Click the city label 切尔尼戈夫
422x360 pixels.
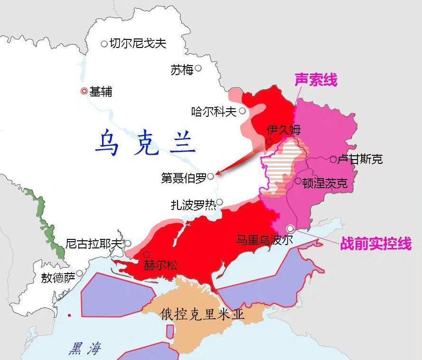[x=138, y=44]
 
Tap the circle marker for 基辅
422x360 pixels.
[x=84, y=91]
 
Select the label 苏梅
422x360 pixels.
[x=182, y=70]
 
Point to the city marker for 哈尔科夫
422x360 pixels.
[x=243, y=111]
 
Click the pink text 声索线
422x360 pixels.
[x=316, y=79]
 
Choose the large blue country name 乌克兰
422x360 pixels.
[x=145, y=143]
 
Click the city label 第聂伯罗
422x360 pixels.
[x=184, y=178]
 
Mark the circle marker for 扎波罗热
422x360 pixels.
[x=219, y=202]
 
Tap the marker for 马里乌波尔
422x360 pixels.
[x=291, y=228]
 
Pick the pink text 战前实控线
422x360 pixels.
[x=375, y=244]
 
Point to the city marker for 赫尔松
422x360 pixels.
[x=147, y=255]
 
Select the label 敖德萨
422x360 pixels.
[x=58, y=278]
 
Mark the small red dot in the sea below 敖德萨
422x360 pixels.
[x=70, y=315]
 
